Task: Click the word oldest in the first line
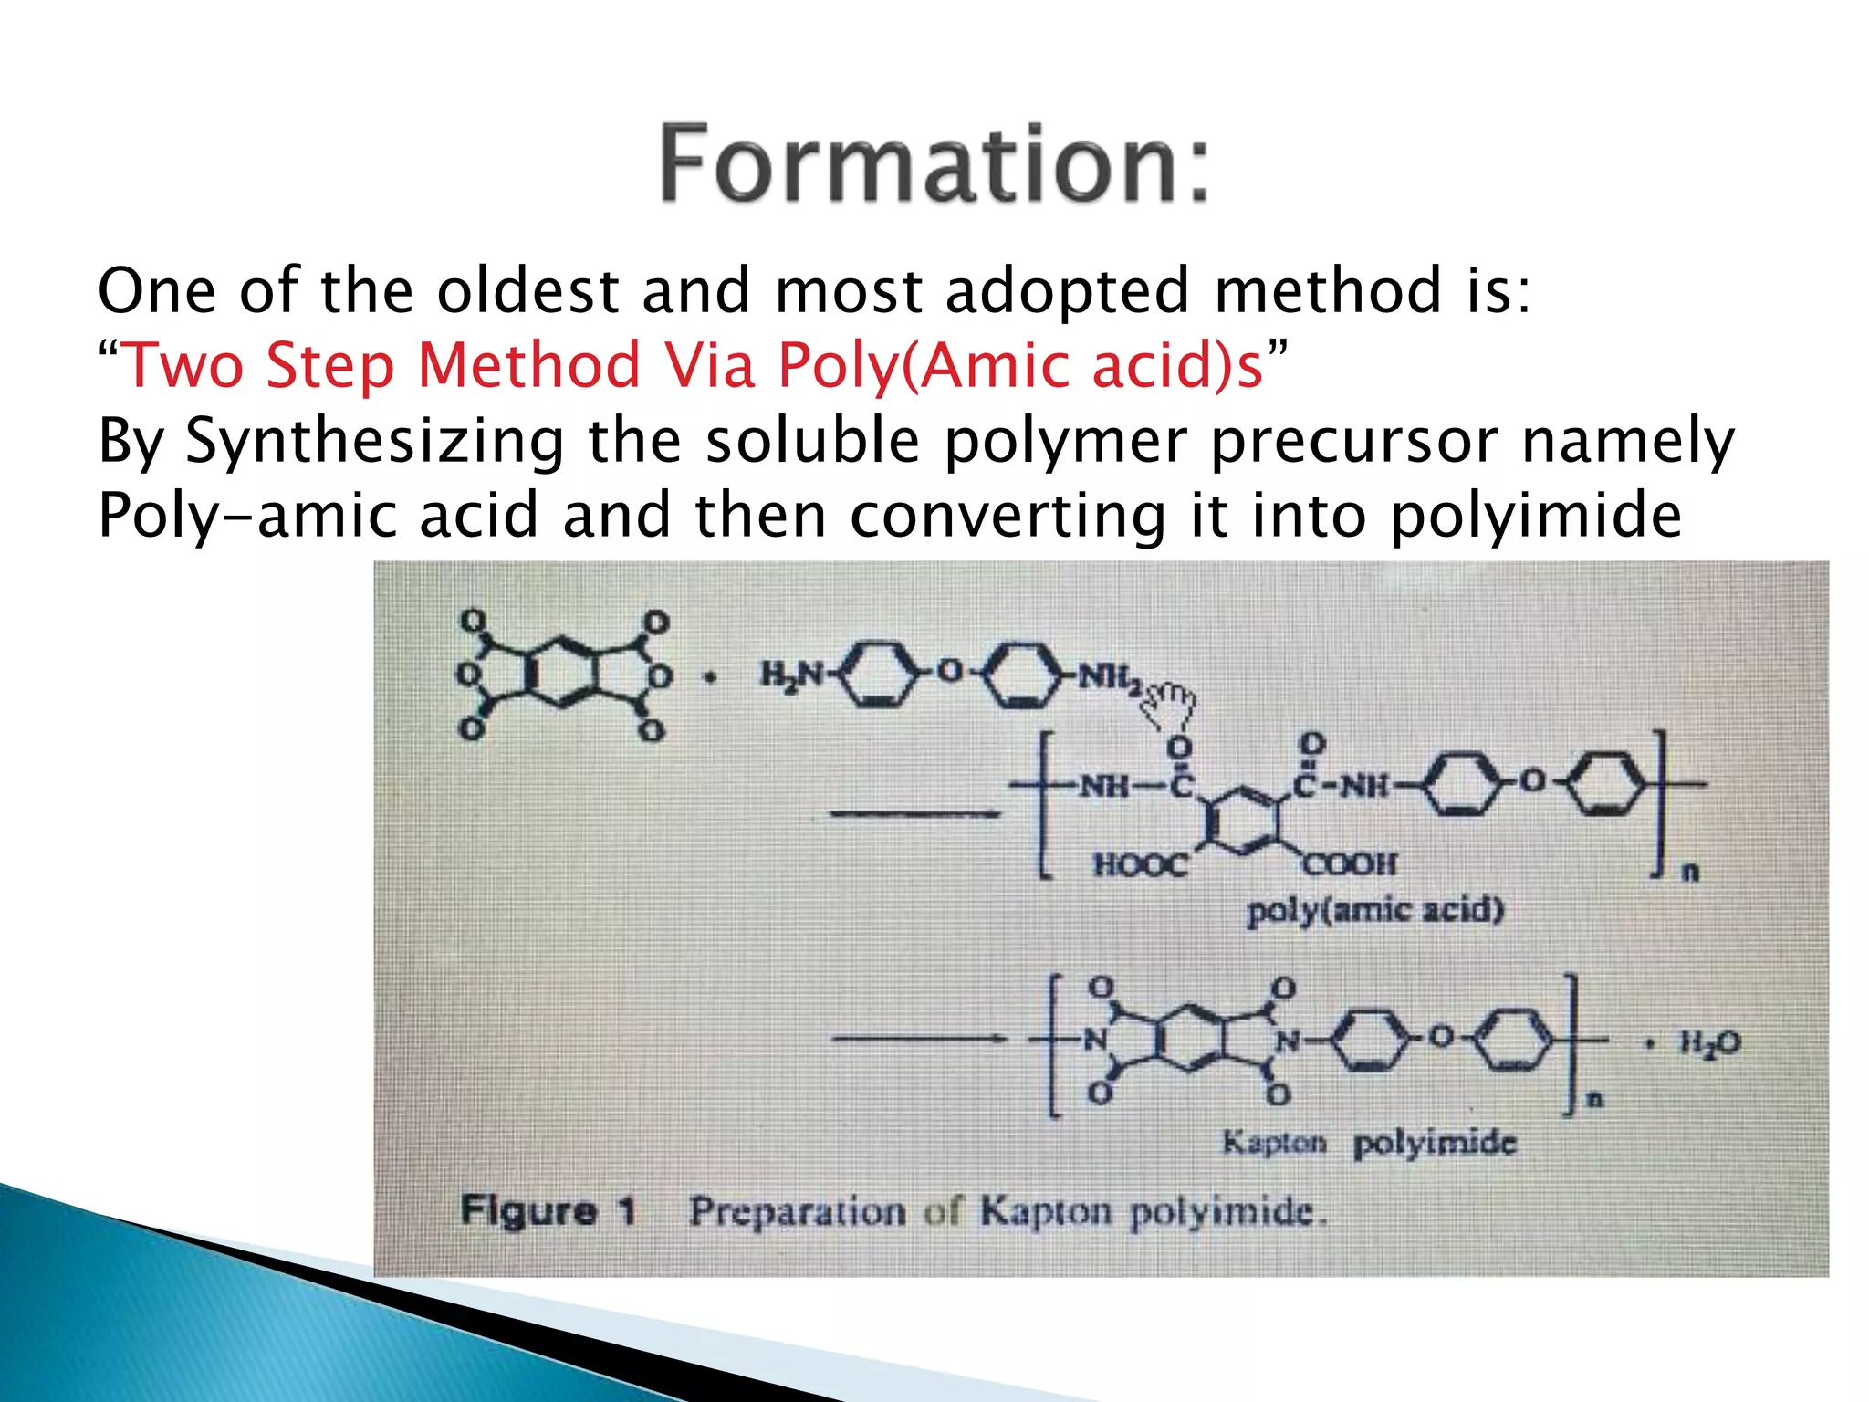click(x=528, y=291)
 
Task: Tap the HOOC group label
click(x=1140, y=863)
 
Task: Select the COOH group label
click(x=1350, y=863)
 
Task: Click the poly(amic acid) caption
click(x=1374, y=910)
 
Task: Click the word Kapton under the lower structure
click(x=1274, y=1142)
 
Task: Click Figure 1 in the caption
click(x=548, y=1211)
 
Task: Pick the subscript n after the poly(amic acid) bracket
click(x=1690, y=873)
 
